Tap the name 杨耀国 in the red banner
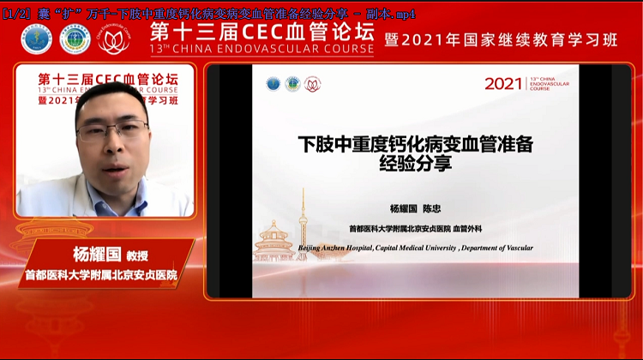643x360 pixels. pyautogui.click(x=81, y=255)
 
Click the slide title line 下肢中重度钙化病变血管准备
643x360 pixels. pyautogui.click(x=415, y=144)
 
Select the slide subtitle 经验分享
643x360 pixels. pyautogui.click(x=415, y=165)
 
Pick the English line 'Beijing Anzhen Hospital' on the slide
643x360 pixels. pyautogui.click(x=415, y=248)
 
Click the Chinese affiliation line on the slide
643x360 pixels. pyautogui.click(x=415, y=229)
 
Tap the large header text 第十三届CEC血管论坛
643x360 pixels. pyautogui.click(x=261, y=32)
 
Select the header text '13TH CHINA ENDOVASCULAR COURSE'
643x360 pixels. pyautogui.click(x=261, y=50)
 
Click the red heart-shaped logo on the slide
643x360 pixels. pyautogui.click(x=313, y=84)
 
